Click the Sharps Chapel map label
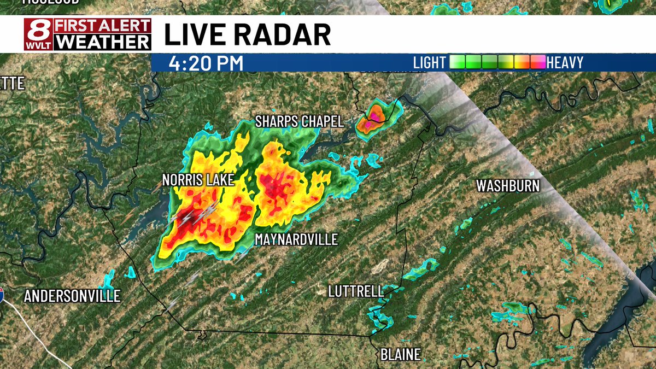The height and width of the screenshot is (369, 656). point(300,121)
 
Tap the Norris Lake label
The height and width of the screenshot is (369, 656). point(198,180)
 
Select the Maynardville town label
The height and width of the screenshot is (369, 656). point(296,239)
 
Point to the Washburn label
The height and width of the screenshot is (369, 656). point(508,186)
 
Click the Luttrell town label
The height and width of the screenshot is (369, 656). point(356,291)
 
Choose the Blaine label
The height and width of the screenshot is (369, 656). point(401,354)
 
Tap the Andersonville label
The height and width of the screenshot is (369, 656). point(72,296)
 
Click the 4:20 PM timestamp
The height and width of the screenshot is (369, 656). point(206,63)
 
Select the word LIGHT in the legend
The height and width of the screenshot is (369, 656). point(429,63)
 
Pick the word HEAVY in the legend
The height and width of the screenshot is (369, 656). point(565,63)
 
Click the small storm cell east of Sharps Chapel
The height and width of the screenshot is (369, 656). point(374,116)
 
